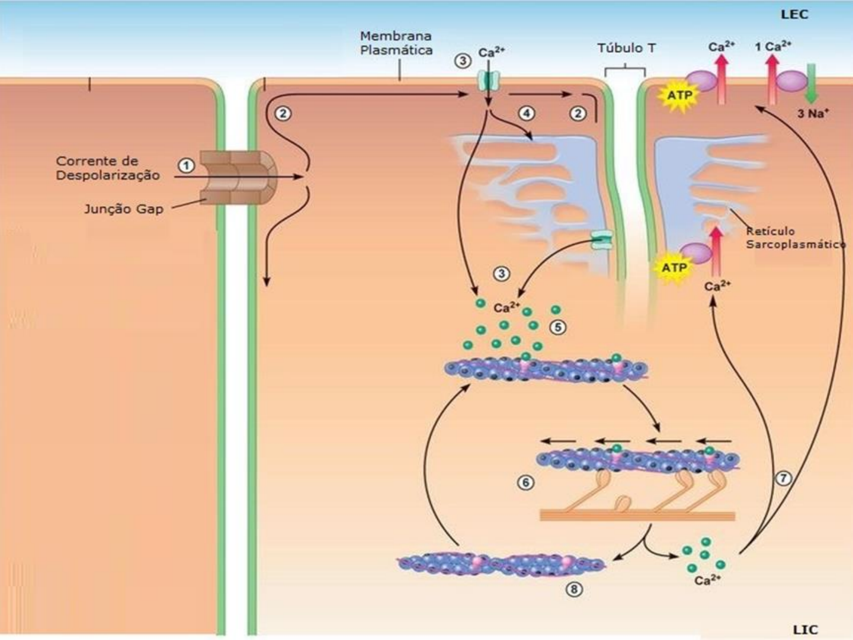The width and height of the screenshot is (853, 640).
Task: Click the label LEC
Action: [x=794, y=14]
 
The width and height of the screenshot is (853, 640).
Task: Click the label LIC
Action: [x=804, y=629]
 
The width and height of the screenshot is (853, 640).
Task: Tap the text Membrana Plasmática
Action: [x=396, y=43]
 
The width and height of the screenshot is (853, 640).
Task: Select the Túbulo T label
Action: [x=626, y=48]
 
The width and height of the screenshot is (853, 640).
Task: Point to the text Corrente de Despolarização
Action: [x=108, y=168]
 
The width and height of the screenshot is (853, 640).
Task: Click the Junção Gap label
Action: [x=123, y=209]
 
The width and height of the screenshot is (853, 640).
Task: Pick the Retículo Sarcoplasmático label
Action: [x=794, y=238]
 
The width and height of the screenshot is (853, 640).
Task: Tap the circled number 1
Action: [x=186, y=165]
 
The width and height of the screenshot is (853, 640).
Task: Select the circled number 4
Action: [x=526, y=113]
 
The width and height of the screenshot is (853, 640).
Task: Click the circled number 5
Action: [x=558, y=327]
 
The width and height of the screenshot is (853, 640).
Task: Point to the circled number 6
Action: [x=525, y=482]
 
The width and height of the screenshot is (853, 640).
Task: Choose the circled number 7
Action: [x=783, y=478]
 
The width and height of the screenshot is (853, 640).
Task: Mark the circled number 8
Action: [x=573, y=589]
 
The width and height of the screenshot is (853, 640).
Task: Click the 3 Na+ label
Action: [x=812, y=113]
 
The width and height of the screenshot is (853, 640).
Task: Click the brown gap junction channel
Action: [x=237, y=177]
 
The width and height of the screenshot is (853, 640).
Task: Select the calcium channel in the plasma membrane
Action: [x=489, y=79]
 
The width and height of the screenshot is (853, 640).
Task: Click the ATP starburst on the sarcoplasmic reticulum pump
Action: [x=674, y=268]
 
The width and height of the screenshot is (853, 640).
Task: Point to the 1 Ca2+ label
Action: [x=773, y=46]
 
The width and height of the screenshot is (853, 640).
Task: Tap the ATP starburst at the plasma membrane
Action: [x=679, y=95]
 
